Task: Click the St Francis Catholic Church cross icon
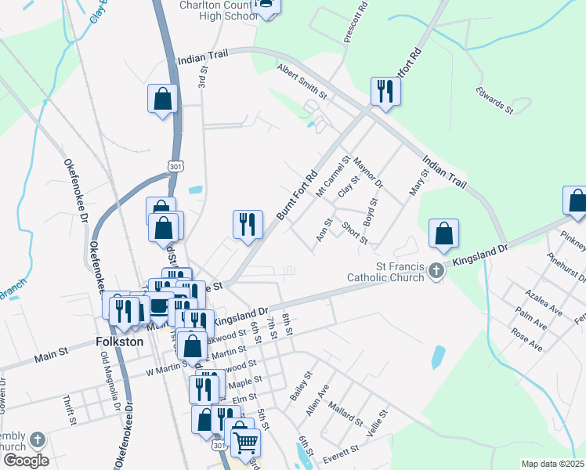point(437,273)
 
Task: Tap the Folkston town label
point(119,342)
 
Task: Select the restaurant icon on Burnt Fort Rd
point(248,225)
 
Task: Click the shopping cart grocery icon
point(245,442)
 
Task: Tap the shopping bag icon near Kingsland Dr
point(443,233)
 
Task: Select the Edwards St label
point(494,99)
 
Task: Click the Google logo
point(26,460)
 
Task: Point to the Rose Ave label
point(526,338)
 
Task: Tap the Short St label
point(355,233)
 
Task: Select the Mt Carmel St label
point(332,180)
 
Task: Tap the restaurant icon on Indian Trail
point(385,91)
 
